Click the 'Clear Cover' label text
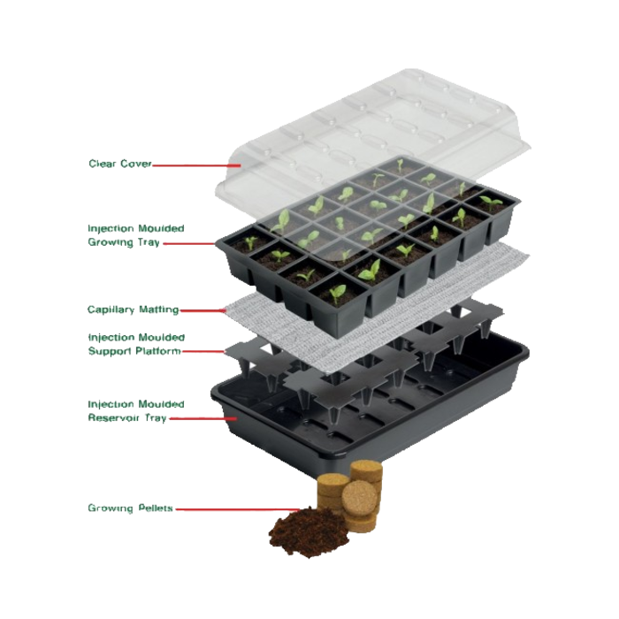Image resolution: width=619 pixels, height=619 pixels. (x=119, y=164)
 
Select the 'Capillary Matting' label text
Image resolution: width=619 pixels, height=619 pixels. (x=133, y=309)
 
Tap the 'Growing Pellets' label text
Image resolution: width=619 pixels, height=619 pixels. (x=129, y=508)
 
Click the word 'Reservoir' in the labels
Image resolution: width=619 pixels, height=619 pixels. (x=115, y=417)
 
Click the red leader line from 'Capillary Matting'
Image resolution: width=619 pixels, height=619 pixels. (x=203, y=310)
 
